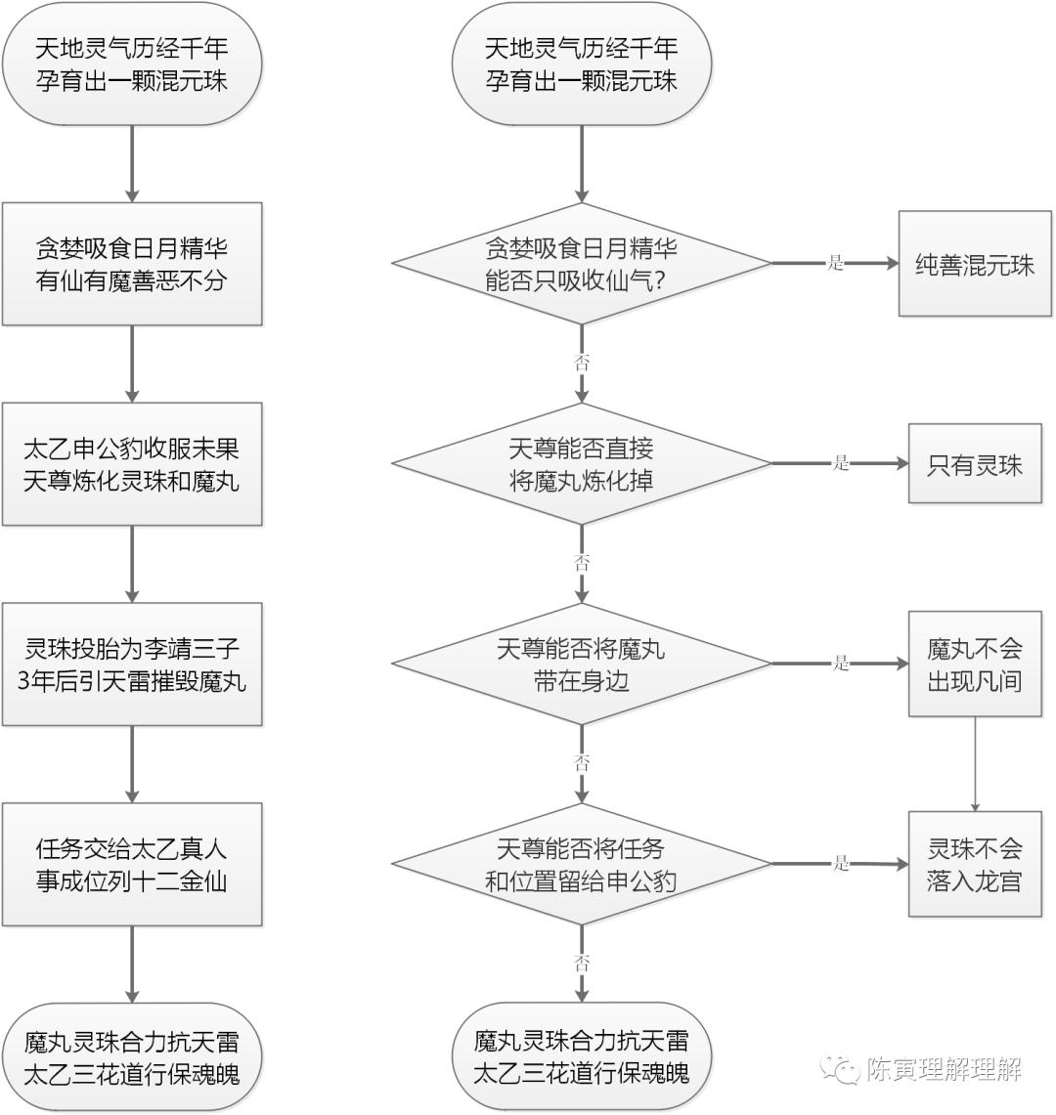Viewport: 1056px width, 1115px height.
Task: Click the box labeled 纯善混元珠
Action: pos(975,264)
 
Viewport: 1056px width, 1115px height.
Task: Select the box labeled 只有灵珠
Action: pos(975,464)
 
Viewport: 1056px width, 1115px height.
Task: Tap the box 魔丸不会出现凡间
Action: pos(975,665)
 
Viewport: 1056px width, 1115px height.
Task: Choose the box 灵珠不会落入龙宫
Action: pos(975,864)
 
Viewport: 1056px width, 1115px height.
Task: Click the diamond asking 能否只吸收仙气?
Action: pos(582,264)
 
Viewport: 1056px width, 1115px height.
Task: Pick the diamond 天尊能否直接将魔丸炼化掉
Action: pos(582,464)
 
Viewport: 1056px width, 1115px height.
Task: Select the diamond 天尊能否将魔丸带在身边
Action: pos(582,665)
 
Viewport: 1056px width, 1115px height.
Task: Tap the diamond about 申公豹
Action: pos(582,864)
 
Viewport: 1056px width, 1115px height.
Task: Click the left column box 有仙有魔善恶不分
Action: pos(132,264)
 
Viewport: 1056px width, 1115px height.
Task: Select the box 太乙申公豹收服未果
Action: pos(132,464)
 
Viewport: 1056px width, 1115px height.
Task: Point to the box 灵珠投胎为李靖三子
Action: pos(132,665)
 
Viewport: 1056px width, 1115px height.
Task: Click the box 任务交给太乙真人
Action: pos(132,864)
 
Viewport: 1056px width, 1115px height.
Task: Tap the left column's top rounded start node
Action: pos(132,64)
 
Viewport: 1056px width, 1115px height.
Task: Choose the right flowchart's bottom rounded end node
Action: pos(582,1057)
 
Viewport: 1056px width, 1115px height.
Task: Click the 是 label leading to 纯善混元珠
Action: pos(836,264)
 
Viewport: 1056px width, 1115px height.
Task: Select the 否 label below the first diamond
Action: pos(582,362)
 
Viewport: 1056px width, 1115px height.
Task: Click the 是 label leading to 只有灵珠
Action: pos(841,464)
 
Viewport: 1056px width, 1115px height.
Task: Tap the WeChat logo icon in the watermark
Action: pos(841,1068)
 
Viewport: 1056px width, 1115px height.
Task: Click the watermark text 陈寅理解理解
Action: pos(944,1069)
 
